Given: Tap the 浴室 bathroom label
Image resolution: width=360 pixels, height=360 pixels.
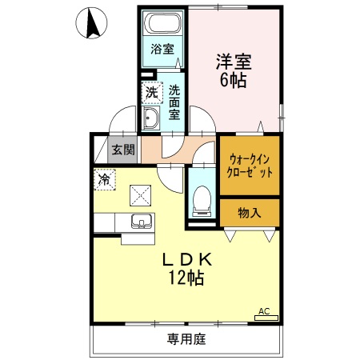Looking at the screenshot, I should pyautogui.click(x=162, y=49).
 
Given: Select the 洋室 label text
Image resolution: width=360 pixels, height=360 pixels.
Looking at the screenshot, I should pyautogui.click(x=232, y=60).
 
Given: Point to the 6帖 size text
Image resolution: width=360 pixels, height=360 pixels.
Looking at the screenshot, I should pyautogui.click(x=232, y=79).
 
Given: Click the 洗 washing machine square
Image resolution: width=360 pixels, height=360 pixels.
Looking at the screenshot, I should pyautogui.click(x=151, y=93).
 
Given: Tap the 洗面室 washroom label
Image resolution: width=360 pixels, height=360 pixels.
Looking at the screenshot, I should pyautogui.click(x=174, y=102).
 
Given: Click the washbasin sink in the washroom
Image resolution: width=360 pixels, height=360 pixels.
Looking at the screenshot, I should pyautogui.click(x=151, y=119).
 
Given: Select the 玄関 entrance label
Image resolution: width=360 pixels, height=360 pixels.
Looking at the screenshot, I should pyautogui.click(x=122, y=149).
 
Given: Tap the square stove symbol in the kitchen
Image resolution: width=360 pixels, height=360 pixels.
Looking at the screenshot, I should pyautogui.click(x=142, y=194).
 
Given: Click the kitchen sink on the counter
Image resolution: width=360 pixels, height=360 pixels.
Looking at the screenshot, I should pyautogui.click(x=142, y=222).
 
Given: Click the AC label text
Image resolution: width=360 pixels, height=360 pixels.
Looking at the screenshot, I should pyautogui.click(x=262, y=310).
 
